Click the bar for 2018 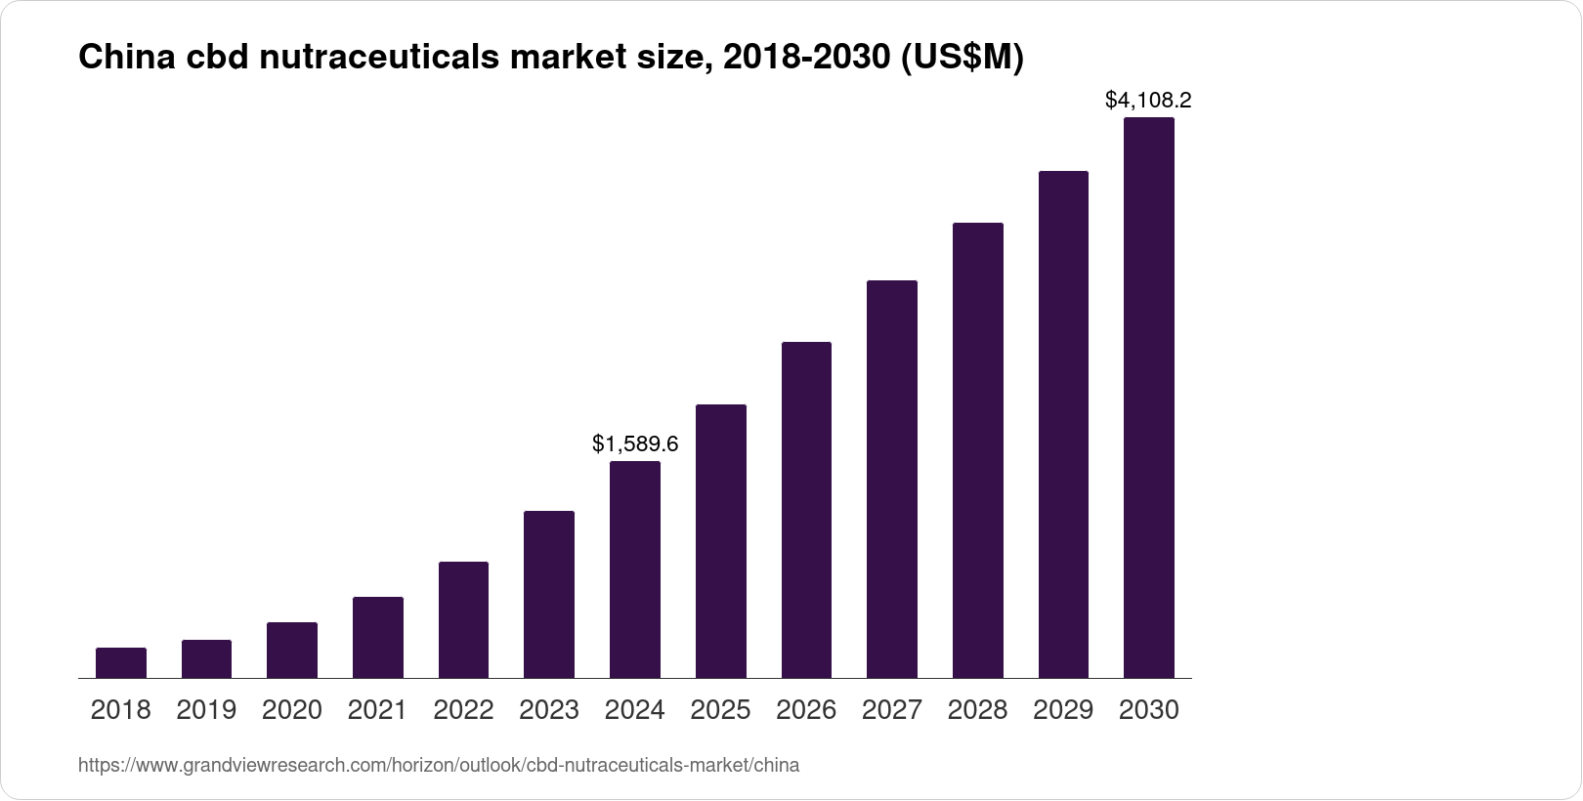pyautogui.click(x=121, y=663)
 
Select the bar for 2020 pyautogui.click(x=292, y=651)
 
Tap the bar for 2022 pyautogui.click(x=463, y=620)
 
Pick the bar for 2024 pyautogui.click(x=635, y=569)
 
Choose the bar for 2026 pyautogui.click(x=806, y=510)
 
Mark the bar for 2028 pyautogui.click(x=978, y=450)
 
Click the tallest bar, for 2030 pyautogui.click(x=1149, y=398)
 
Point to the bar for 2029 pyautogui.click(x=1063, y=424)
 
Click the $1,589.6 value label pyautogui.click(x=635, y=444)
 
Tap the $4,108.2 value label pyautogui.click(x=1148, y=100)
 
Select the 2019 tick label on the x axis pyautogui.click(x=206, y=710)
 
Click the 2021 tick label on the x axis pyautogui.click(x=377, y=710)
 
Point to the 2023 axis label pyautogui.click(x=549, y=710)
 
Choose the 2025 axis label pyautogui.click(x=721, y=710)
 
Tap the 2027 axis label pyautogui.click(x=892, y=710)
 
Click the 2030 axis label pyautogui.click(x=1149, y=710)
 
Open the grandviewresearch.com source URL pyautogui.click(x=438, y=766)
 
